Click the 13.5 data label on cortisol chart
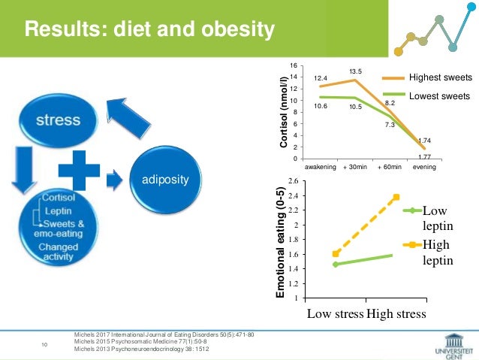coord(354,71)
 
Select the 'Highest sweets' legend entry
coord(439,77)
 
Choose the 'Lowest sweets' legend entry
coord(439,96)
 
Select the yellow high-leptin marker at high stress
coord(396,198)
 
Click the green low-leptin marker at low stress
coord(335,265)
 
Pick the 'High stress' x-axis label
coord(396,313)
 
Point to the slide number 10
coord(44,344)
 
